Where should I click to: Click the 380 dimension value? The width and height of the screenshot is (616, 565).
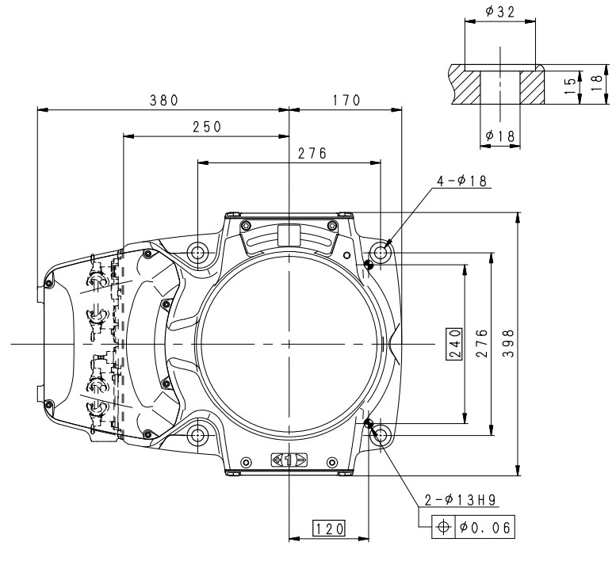pyautogui.click(x=164, y=101)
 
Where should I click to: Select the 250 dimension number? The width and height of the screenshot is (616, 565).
pyautogui.click(x=206, y=127)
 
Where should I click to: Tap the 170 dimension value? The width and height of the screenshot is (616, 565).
pyautogui.click(x=346, y=101)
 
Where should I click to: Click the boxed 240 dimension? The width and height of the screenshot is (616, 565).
pyautogui.click(x=454, y=344)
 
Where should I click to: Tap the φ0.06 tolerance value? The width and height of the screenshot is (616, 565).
pyautogui.click(x=484, y=526)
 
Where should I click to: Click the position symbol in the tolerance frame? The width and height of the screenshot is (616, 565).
pyautogui.click(x=443, y=526)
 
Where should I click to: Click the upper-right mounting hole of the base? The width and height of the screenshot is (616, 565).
pyautogui.click(x=382, y=253)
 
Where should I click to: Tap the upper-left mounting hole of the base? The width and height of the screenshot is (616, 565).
pyautogui.click(x=197, y=253)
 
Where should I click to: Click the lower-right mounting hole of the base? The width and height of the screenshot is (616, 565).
pyautogui.click(x=382, y=435)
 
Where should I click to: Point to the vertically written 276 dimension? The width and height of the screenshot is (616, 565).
pyautogui.click(x=481, y=344)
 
